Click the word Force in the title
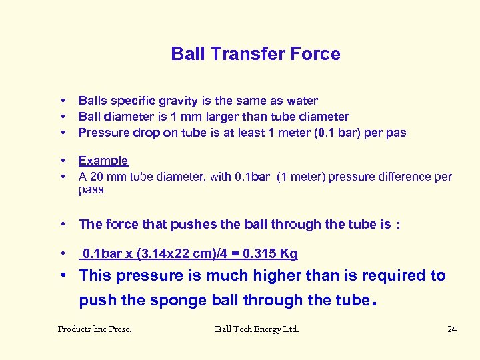click(x=317, y=54)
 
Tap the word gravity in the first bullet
click(x=178, y=101)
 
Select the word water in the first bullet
click(x=302, y=101)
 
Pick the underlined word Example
click(x=103, y=161)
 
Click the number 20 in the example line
click(x=99, y=177)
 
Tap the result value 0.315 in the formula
click(x=259, y=254)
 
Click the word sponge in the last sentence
click(x=175, y=300)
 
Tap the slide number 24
click(x=451, y=329)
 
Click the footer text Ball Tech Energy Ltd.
click(x=257, y=329)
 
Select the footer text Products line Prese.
click(x=94, y=329)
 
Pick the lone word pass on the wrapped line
click(x=91, y=189)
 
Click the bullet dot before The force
click(x=62, y=225)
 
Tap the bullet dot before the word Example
click(x=62, y=161)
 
